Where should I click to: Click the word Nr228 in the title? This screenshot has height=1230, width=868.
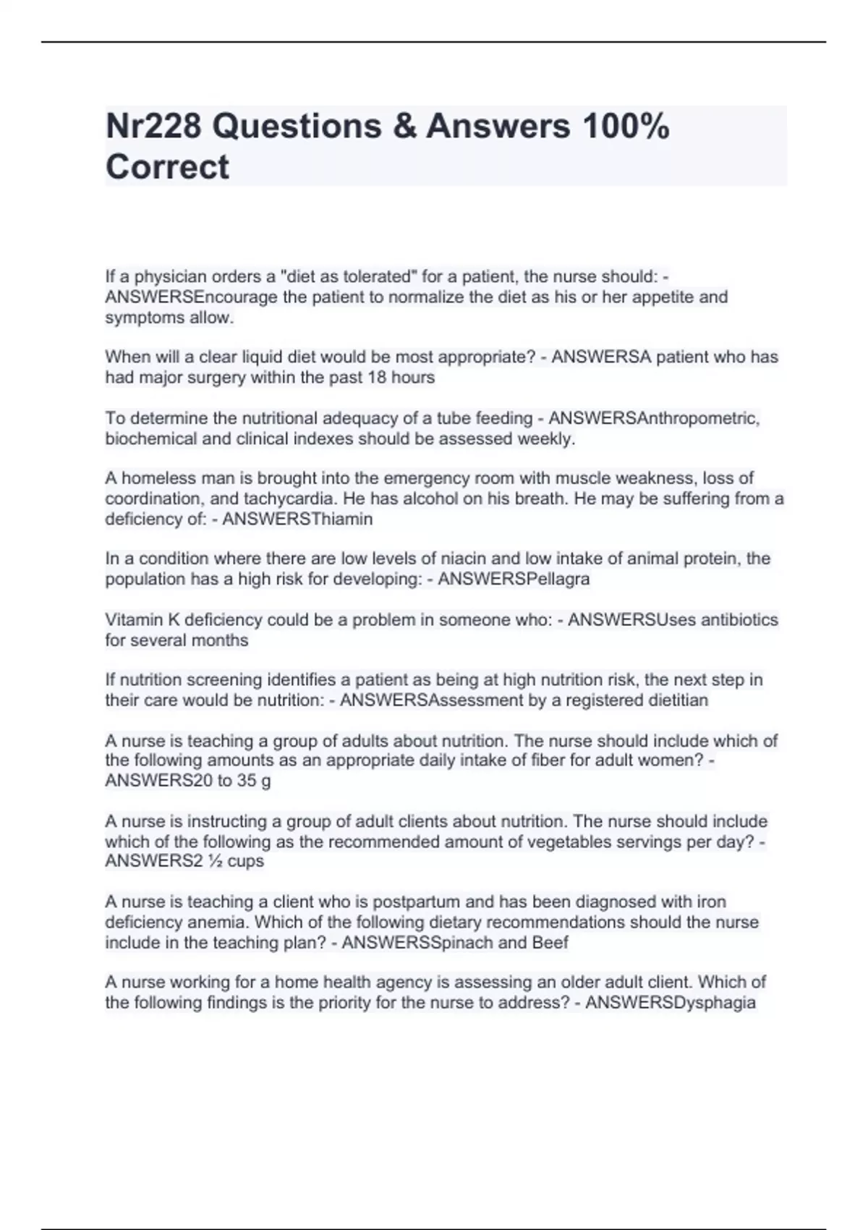point(153,127)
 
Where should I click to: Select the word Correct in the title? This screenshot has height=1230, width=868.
point(167,167)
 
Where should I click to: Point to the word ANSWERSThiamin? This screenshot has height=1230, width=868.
point(297,519)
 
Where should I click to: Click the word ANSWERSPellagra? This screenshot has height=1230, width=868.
point(514,579)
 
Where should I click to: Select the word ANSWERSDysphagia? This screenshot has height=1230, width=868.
point(671,1002)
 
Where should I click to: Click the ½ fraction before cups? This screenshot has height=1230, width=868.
point(216,861)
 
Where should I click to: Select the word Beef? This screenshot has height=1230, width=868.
point(550,942)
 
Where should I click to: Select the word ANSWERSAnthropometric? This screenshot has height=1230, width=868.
point(654,418)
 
